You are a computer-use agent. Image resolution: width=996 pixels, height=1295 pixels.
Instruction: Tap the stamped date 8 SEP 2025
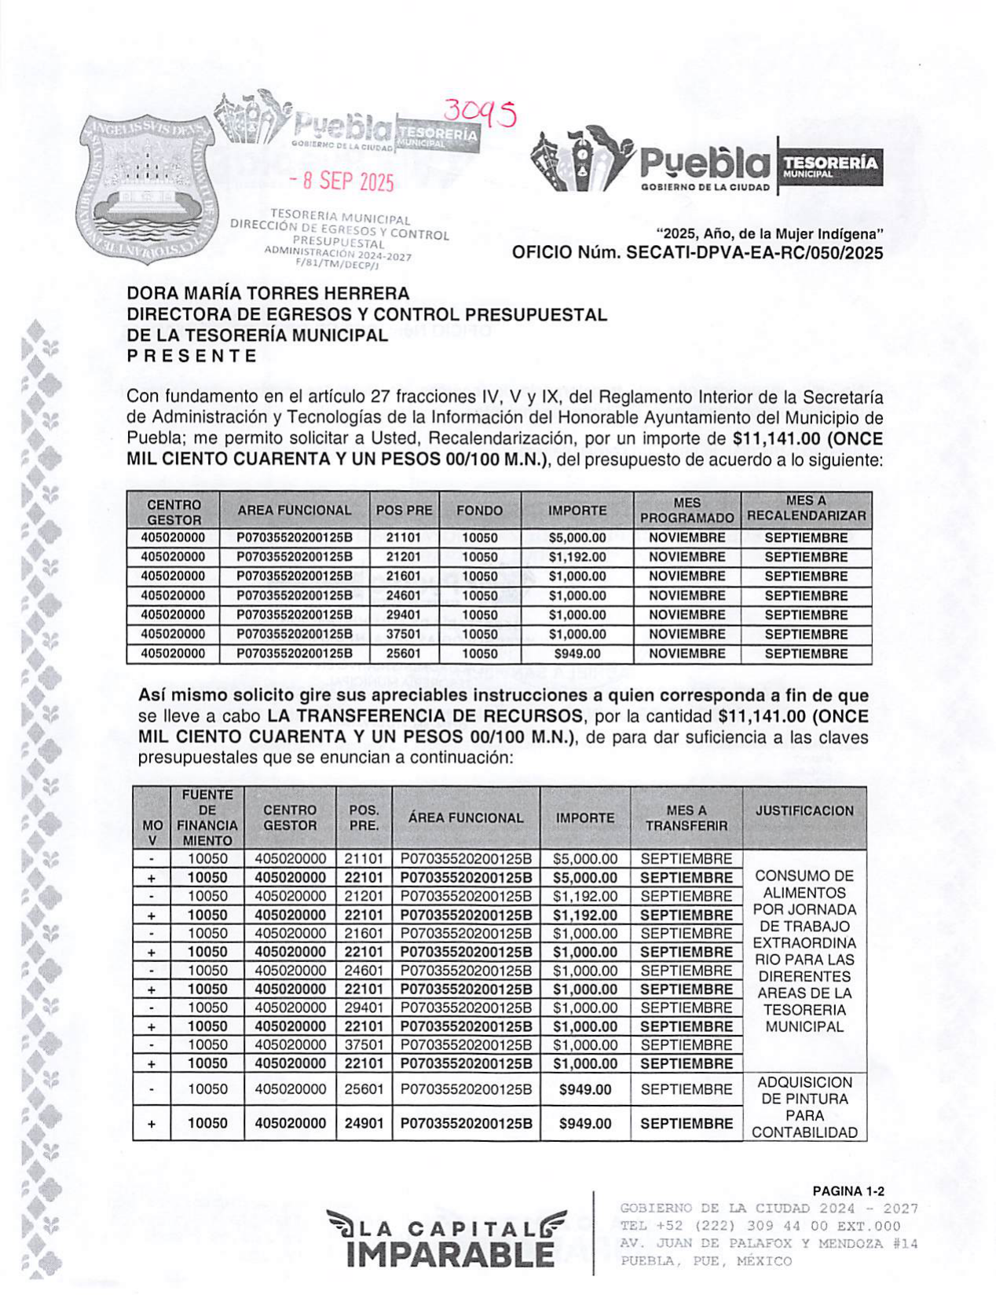click(341, 182)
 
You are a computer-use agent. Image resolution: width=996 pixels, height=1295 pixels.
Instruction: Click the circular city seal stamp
click(143, 188)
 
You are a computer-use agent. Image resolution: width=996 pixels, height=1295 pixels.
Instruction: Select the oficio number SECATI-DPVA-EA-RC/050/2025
click(697, 253)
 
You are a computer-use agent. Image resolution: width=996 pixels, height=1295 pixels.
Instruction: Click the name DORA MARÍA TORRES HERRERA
click(268, 294)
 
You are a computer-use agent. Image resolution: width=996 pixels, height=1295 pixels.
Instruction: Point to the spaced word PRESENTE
click(192, 356)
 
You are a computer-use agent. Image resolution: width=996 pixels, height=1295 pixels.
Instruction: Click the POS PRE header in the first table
click(404, 510)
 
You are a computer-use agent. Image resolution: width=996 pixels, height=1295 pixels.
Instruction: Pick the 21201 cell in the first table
click(404, 557)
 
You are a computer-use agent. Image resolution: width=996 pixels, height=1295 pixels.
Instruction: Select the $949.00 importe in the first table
click(577, 653)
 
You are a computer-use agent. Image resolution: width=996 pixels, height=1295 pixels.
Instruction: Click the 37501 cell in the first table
click(404, 635)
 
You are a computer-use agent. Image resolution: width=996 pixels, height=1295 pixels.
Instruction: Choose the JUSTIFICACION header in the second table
click(804, 811)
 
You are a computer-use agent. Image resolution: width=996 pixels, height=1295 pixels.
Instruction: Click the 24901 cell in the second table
click(364, 1124)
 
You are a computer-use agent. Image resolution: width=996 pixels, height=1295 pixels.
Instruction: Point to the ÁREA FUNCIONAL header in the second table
click(465, 818)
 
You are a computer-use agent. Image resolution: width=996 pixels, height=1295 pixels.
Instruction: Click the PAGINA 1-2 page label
click(848, 1191)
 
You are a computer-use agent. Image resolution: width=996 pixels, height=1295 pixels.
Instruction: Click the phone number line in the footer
click(760, 1226)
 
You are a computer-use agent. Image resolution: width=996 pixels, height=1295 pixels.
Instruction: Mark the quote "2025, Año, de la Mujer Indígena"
click(770, 234)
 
